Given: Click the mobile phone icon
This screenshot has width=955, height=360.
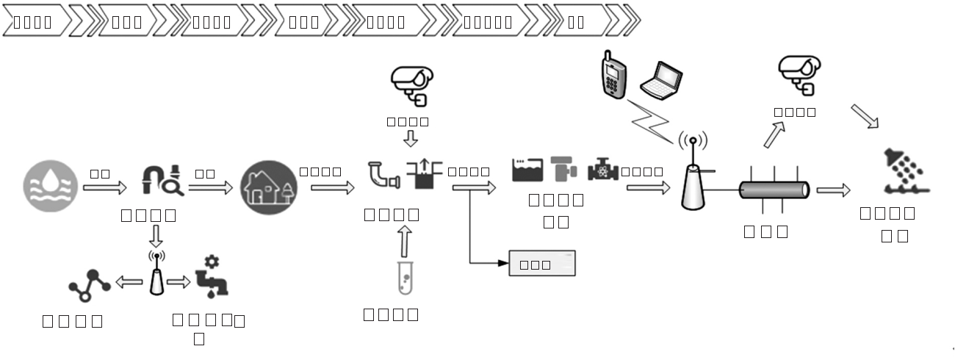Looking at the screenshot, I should (x=614, y=74).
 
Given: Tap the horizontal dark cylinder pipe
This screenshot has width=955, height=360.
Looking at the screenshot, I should (x=774, y=190).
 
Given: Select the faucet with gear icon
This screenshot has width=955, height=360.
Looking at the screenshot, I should (x=211, y=277).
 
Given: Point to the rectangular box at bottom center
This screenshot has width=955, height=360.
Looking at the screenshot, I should (x=542, y=263).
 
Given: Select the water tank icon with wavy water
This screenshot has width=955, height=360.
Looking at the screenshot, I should (x=527, y=170).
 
